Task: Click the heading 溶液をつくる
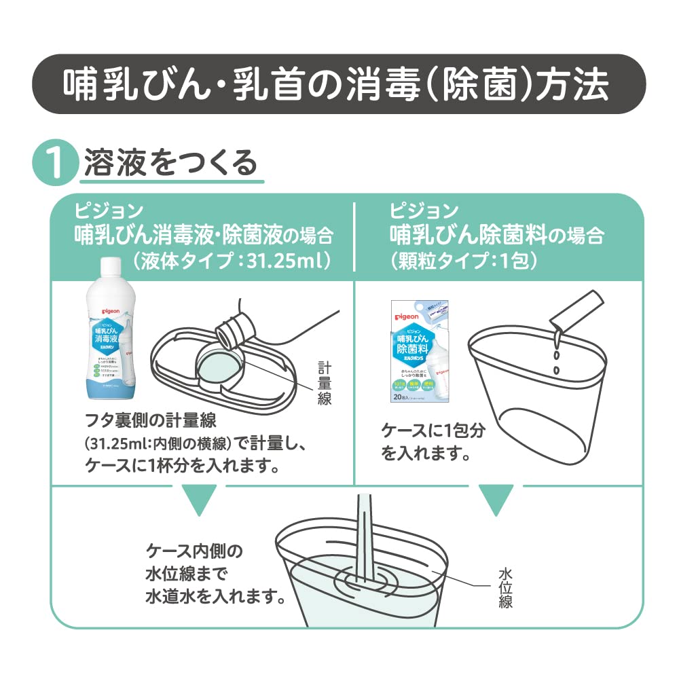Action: click(x=170, y=163)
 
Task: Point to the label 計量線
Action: click(x=325, y=384)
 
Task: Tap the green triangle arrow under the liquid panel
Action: click(x=197, y=499)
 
